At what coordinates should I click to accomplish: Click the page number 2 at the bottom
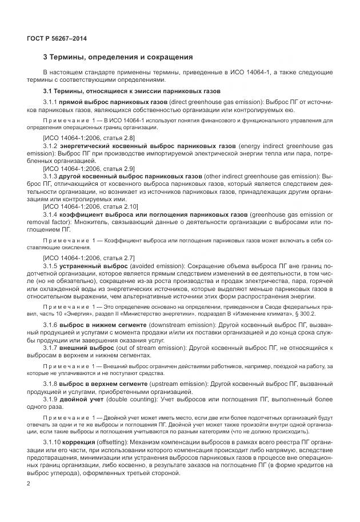tap(29, 484)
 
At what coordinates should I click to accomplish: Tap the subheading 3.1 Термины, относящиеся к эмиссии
tap(131, 91)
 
